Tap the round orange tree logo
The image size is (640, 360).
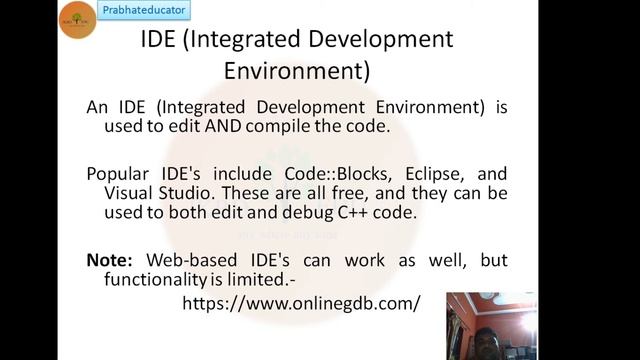(77, 20)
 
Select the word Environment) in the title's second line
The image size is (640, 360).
(297, 72)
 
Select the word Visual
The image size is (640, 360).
(129, 192)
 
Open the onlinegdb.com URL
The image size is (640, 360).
(301, 302)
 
